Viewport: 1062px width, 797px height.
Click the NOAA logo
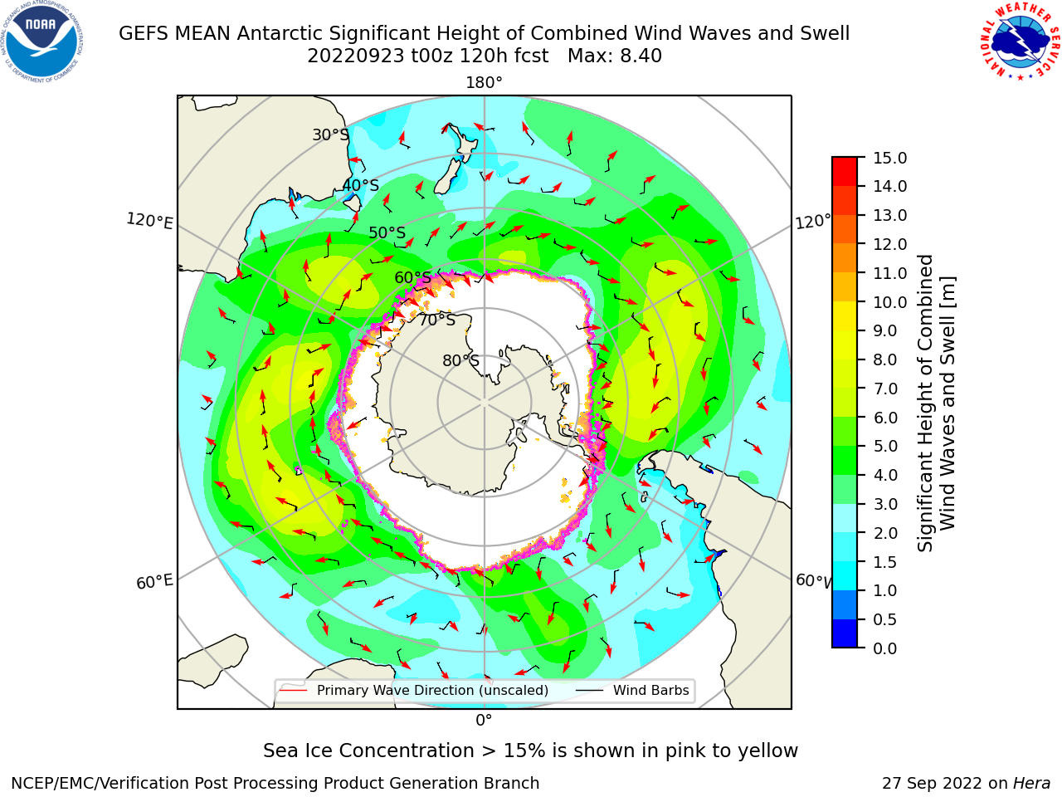pos(41,42)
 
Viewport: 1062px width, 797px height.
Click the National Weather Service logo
pos(1020,41)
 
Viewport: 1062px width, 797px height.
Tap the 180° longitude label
pos(484,83)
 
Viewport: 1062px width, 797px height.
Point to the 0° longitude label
pos(484,721)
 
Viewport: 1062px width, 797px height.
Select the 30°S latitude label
pos(330,134)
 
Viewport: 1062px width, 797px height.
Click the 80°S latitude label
pos(460,360)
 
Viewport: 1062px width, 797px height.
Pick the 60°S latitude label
pos(412,277)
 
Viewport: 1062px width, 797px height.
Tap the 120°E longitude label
pos(149,221)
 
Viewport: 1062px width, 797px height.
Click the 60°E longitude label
pos(154,582)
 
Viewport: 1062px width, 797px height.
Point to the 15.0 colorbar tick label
pos(889,158)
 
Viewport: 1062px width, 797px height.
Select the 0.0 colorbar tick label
pos(885,648)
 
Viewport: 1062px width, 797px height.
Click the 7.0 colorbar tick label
pos(885,389)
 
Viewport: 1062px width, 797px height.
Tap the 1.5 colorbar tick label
pos(885,562)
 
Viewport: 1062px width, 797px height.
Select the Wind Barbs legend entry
pos(632,690)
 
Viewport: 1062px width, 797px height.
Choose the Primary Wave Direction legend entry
pos(414,690)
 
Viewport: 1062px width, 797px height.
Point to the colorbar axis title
pos(936,403)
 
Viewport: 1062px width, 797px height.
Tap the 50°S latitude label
pos(387,232)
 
